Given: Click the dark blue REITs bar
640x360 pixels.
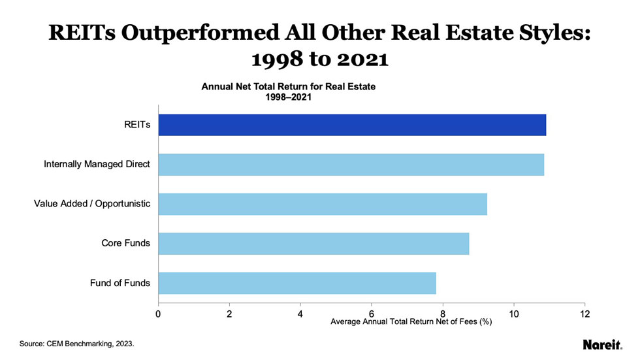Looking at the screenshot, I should pos(352,125).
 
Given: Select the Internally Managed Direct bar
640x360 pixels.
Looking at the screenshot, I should pos(351,165).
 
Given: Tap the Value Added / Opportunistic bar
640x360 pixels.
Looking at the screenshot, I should pos(323,204).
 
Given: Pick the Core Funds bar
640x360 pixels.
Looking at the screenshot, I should pos(313,244).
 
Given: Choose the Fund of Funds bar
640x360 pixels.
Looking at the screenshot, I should pos(297,283).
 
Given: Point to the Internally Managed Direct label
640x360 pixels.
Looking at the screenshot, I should pos(97,165).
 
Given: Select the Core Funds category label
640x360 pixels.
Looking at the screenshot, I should pos(125,244).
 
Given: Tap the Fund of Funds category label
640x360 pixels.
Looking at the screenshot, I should pos(120,283).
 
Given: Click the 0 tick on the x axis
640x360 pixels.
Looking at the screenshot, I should pos(158,314).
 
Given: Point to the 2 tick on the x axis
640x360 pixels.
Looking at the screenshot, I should pos(229,314).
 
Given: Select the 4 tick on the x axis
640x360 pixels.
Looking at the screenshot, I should pos(300,314).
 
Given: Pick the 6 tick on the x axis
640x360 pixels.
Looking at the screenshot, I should pos(372,314).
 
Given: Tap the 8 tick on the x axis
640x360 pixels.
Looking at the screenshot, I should pos(443,314).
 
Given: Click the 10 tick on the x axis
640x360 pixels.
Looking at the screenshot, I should pos(514,314).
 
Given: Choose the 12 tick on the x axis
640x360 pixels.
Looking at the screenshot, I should pos(584,314).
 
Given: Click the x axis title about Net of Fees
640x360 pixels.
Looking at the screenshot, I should pos(411,322).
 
